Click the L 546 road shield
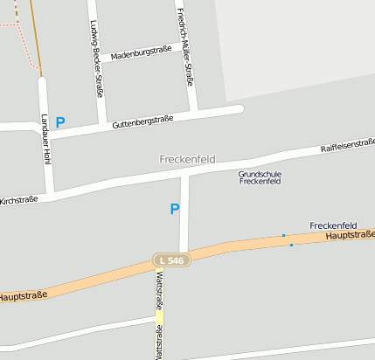[170, 260]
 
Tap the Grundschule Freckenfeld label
[260, 177]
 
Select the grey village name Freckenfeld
[187, 160]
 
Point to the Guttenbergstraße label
[142, 122]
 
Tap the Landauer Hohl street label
[43, 138]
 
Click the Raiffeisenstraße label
[348, 144]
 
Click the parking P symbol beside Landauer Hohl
[60, 123]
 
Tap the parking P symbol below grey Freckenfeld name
[174, 209]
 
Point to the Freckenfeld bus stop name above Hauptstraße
[333, 225]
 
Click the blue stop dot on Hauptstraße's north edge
[283, 235]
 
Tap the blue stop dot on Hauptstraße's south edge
[291, 246]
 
